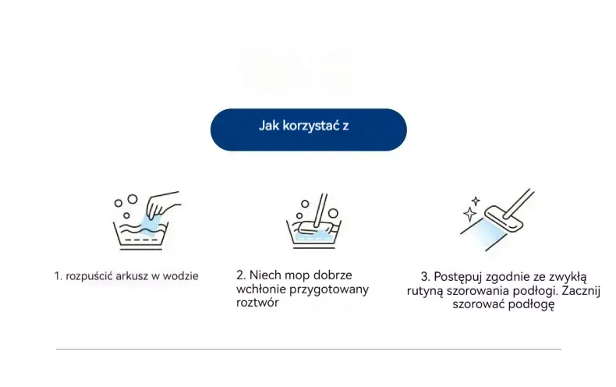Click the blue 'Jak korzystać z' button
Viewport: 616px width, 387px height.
point(309,130)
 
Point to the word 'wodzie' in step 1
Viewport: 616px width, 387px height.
point(181,276)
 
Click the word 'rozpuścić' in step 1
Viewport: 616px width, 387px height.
point(89,276)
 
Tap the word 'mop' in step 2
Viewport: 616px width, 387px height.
point(298,275)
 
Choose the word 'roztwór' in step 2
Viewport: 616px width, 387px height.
point(257,303)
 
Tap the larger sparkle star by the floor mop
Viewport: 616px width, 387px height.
point(470,215)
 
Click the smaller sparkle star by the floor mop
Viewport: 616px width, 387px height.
point(476,201)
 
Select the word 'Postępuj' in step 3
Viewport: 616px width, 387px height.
point(458,277)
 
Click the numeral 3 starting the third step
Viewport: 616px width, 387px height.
point(424,276)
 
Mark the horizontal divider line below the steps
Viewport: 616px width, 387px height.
point(309,349)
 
